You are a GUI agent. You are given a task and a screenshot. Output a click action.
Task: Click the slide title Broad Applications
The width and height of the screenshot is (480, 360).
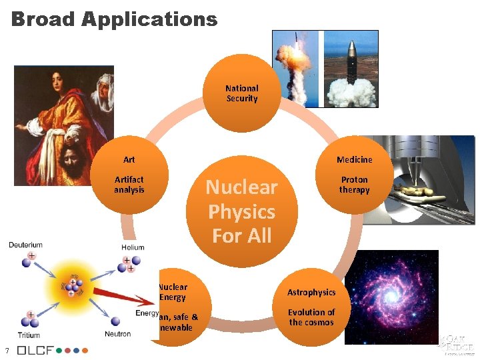click(x=114, y=19)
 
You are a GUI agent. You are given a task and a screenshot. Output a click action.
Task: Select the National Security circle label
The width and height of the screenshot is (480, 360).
click(x=241, y=93)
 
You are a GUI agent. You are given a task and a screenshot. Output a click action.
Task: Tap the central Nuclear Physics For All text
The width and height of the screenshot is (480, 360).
click(x=241, y=211)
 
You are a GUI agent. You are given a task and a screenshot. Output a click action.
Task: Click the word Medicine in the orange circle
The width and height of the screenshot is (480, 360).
click(x=354, y=159)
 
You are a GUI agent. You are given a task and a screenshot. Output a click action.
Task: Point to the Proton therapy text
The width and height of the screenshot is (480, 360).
click(x=354, y=185)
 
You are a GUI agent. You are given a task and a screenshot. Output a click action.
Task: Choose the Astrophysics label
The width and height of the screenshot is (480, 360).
click(x=311, y=292)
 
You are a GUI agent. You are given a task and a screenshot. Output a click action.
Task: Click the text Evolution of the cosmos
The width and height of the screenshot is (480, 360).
click(x=311, y=317)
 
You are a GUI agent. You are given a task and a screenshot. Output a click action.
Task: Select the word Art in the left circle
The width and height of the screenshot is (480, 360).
click(x=129, y=159)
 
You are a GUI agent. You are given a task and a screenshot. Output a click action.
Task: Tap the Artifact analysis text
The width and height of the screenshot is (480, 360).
click(x=129, y=185)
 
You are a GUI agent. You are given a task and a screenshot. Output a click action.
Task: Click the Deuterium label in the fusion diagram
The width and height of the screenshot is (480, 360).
click(x=25, y=245)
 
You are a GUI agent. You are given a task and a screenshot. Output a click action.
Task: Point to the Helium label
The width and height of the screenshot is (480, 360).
click(x=133, y=247)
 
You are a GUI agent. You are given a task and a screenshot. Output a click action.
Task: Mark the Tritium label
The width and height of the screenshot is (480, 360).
click(x=29, y=335)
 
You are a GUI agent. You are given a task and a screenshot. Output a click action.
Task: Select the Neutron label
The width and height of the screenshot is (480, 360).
click(x=117, y=333)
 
